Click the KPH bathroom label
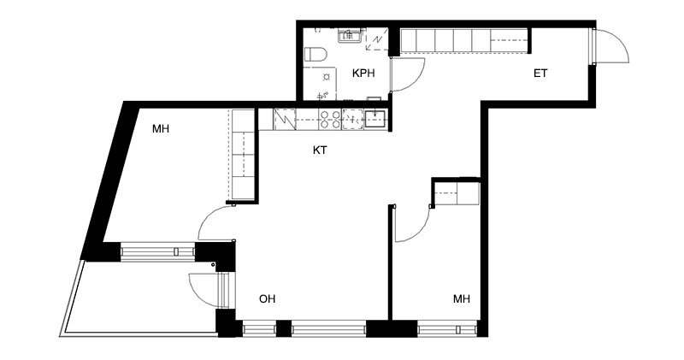point(363,74)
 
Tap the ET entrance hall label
point(540,74)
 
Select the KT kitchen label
point(320,150)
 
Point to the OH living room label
point(267,299)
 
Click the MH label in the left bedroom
point(161,129)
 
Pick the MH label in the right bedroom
point(462,299)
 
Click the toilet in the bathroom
point(315,55)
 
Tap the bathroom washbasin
point(350,35)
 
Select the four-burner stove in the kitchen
point(330,120)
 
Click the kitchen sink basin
point(374,119)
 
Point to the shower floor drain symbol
point(326,78)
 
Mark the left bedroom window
point(157,251)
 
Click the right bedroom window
point(446,329)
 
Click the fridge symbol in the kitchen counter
point(285,120)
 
